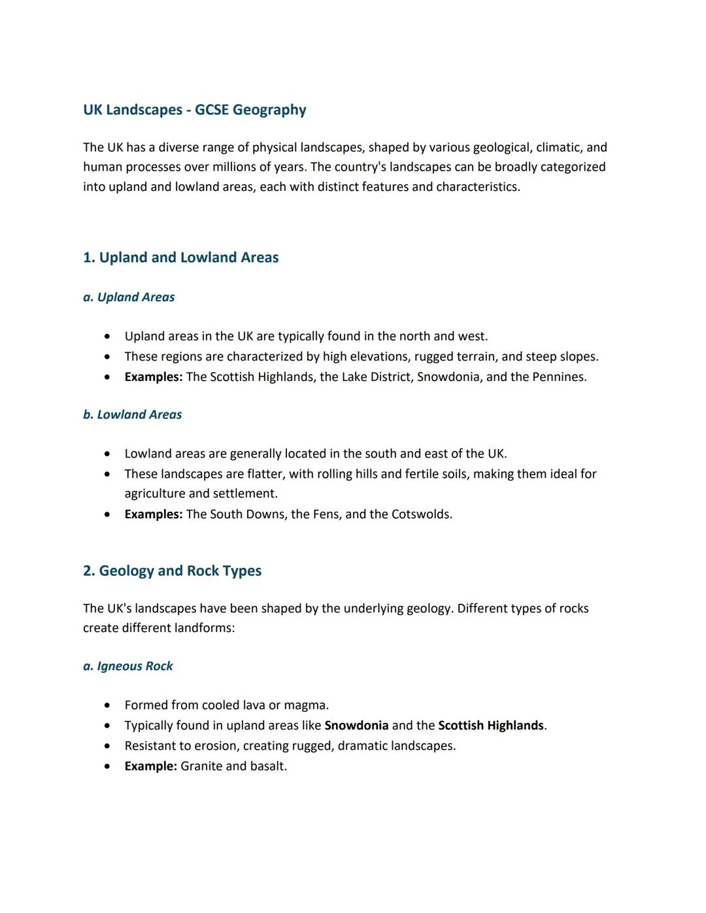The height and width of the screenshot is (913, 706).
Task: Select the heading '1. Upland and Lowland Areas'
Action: [180, 257]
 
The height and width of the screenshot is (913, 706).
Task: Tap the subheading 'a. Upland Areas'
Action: [129, 297]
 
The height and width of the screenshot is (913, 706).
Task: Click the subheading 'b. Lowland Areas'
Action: [132, 415]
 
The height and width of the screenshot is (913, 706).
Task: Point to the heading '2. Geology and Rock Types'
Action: [172, 571]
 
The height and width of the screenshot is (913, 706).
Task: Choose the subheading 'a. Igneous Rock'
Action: [127, 667]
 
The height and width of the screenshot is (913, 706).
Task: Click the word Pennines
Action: [559, 377]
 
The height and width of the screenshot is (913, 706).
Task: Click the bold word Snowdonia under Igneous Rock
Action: [356, 725]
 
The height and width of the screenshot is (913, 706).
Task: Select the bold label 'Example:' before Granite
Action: [150, 766]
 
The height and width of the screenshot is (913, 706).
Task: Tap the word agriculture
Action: [155, 494]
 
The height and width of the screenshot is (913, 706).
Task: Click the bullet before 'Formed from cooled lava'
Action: [107, 706]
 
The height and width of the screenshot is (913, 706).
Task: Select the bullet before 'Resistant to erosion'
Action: [107, 746]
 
